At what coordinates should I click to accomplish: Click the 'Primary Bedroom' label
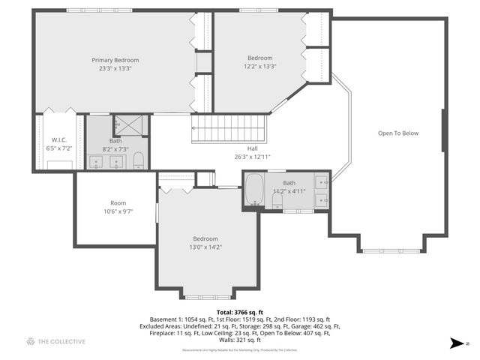click(115, 60)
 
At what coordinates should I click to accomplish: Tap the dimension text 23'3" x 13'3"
click(115, 68)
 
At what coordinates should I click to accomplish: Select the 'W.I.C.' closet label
click(59, 139)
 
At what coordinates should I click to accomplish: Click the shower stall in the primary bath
click(129, 124)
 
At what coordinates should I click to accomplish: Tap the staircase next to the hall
click(229, 127)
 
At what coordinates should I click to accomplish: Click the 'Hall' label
click(252, 148)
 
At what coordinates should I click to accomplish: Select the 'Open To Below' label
click(397, 133)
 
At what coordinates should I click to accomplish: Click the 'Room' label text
click(118, 203)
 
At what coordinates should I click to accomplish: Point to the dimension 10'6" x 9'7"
click(118, 211)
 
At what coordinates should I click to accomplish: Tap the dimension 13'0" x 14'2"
click(205, 247)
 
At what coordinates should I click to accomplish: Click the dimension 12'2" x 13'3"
click(259, 66)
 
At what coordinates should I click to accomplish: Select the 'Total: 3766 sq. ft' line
click(239, 310)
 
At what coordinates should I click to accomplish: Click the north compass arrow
click(455, 343)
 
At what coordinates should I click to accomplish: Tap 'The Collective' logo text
click(61, 342)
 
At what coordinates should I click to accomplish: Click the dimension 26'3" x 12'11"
click(252, 157)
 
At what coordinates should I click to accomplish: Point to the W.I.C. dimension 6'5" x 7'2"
click(59, 148)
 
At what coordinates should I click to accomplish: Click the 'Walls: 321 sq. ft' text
click(239, 340)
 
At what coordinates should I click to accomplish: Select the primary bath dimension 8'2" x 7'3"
click(115, 148)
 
